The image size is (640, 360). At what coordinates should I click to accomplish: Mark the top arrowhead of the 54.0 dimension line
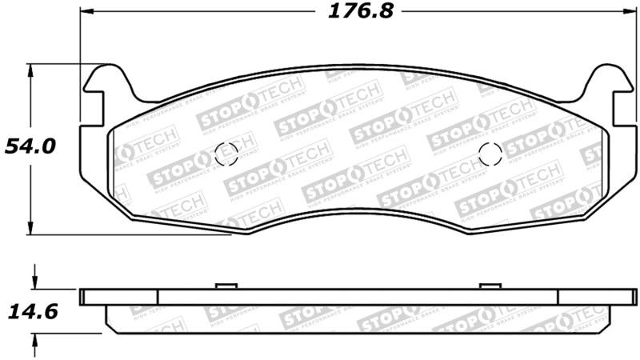point(32,71)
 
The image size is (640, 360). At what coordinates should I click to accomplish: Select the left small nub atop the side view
point(225,285)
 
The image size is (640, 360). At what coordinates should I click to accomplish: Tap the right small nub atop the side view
point(489,285)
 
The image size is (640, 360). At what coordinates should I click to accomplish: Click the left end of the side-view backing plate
point(83,297)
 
